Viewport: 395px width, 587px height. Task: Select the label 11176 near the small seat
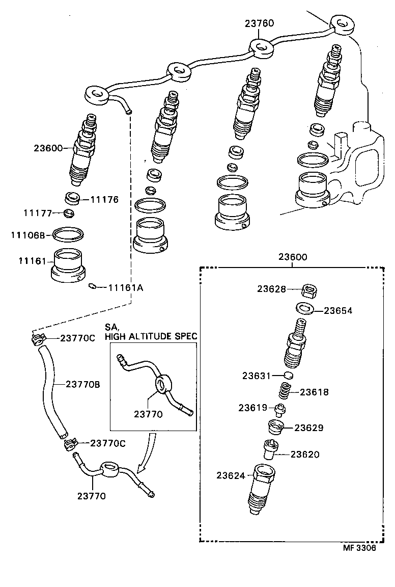pos(104,199)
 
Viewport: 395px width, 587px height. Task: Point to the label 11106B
pos(29,235)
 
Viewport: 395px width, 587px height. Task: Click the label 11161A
pos(125,288)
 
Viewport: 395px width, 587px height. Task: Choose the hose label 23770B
pos(82,384)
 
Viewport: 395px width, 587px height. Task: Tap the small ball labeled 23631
pos(289,376)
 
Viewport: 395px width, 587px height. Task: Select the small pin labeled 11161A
pos(92,286)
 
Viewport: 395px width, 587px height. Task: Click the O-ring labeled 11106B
pos(68,234)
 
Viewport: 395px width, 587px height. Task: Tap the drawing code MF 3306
pos(359,548)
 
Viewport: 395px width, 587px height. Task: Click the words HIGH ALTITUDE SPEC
pos(151,336)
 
